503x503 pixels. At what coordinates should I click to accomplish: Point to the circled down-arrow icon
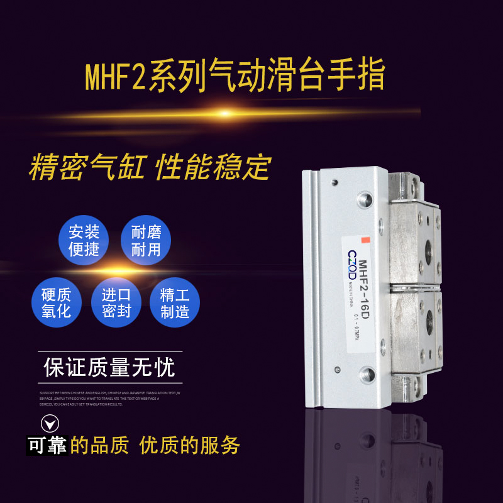point(50,423)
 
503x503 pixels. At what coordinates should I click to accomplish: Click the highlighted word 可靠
point(47,446)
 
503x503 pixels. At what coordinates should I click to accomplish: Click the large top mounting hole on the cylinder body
point(366,201)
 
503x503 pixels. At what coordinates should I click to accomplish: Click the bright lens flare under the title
point(224,113)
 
